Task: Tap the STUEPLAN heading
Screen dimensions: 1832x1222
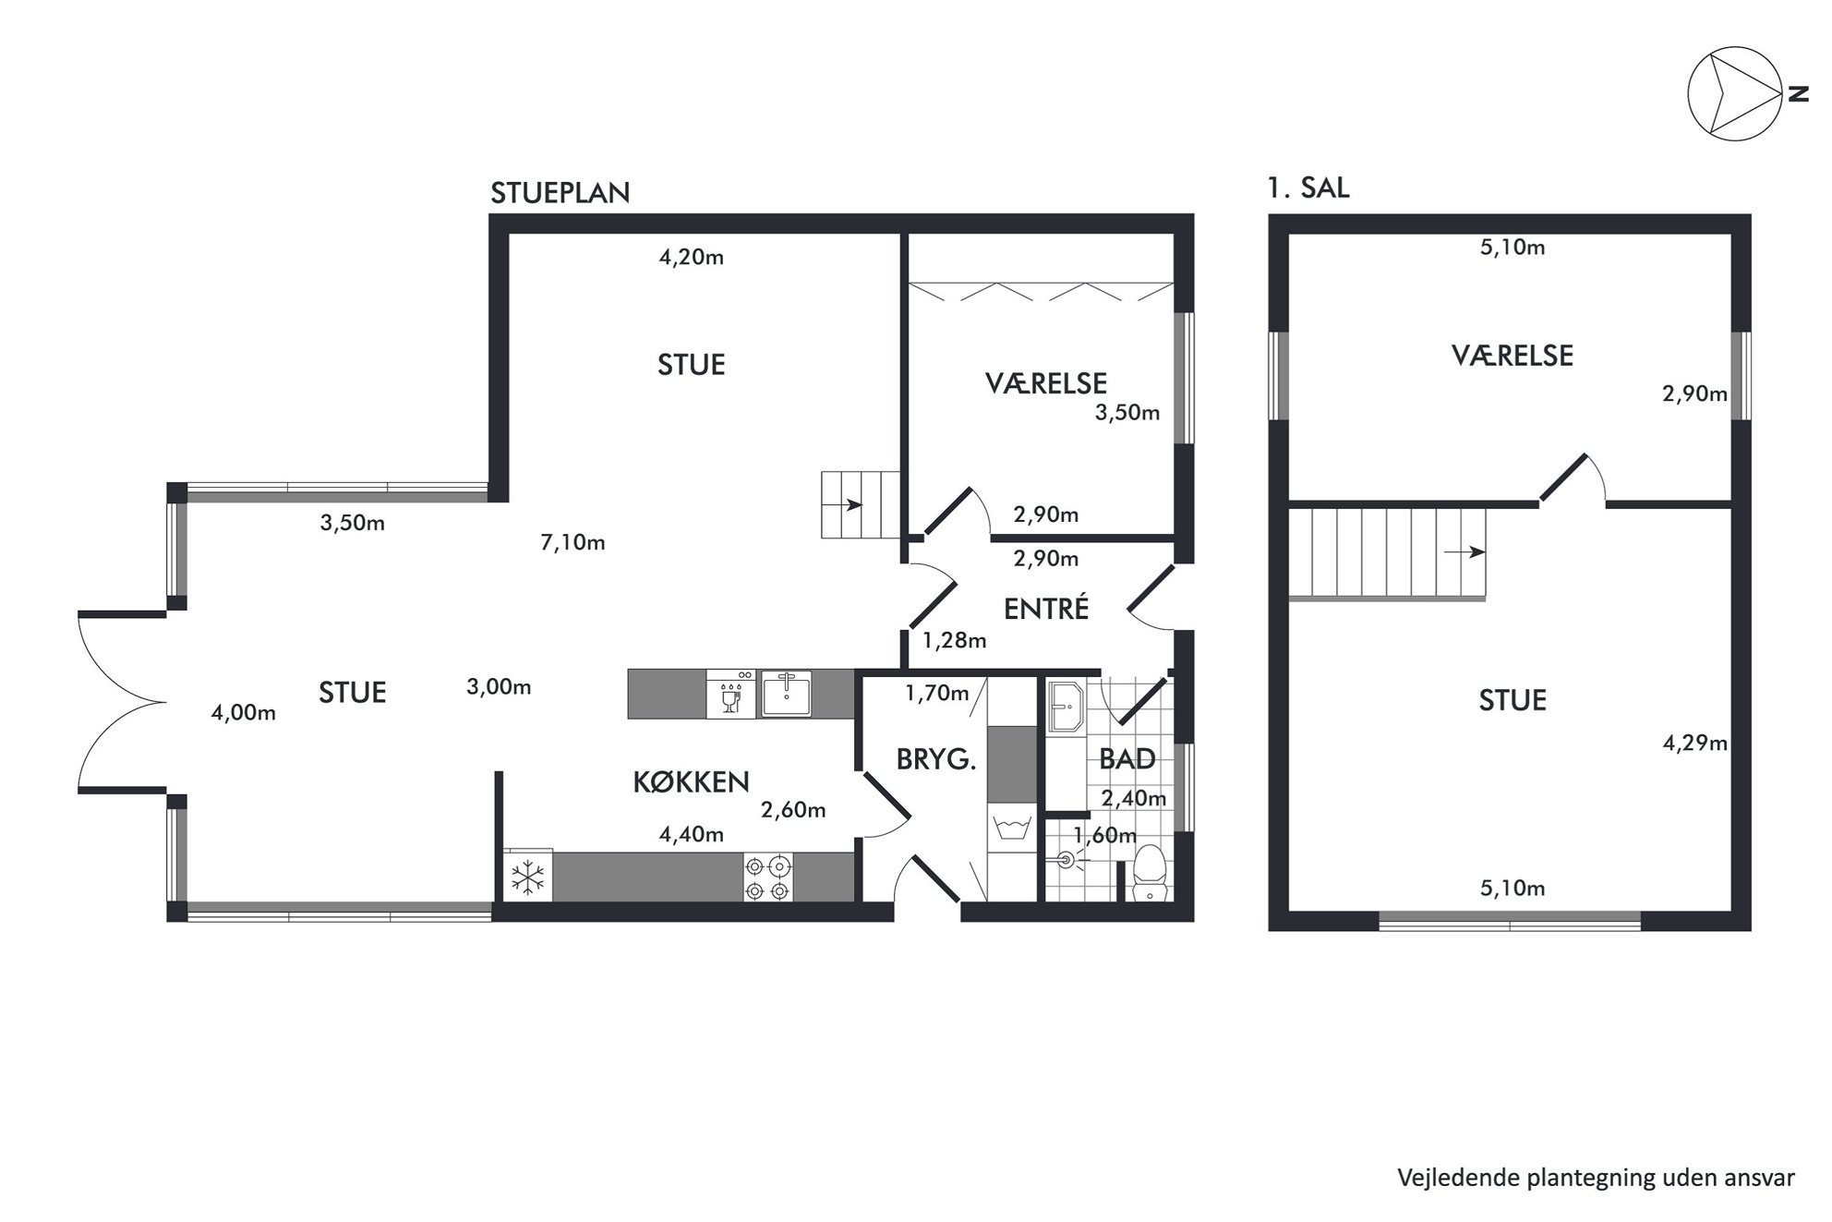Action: point(560,193)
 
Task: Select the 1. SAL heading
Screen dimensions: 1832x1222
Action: point(1308,188)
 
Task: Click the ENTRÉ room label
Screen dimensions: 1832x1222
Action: point(1046,609)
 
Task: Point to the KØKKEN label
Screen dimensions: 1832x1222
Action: point(691,782)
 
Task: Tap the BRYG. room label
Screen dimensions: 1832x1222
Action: point(936,759)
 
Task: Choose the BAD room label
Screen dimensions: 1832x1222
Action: point(1127,759)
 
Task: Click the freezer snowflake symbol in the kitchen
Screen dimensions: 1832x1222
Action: point(527,877)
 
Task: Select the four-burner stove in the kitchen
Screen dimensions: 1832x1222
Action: point(768,877)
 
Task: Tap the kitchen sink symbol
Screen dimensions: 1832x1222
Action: point(786,694)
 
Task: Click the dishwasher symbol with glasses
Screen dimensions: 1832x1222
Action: point(731,694)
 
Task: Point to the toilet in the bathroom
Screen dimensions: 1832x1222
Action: point(1150,871)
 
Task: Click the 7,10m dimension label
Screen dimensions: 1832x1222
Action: point(572,542)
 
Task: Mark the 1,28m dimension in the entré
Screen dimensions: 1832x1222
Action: point(955,640)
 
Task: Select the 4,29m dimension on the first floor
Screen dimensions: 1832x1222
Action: point(1695,744)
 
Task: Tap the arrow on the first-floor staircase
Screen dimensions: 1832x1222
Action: point(1465,552)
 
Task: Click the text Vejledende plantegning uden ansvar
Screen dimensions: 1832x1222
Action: point(1596,1178)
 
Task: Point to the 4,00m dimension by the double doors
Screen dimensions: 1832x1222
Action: point(244,712)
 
